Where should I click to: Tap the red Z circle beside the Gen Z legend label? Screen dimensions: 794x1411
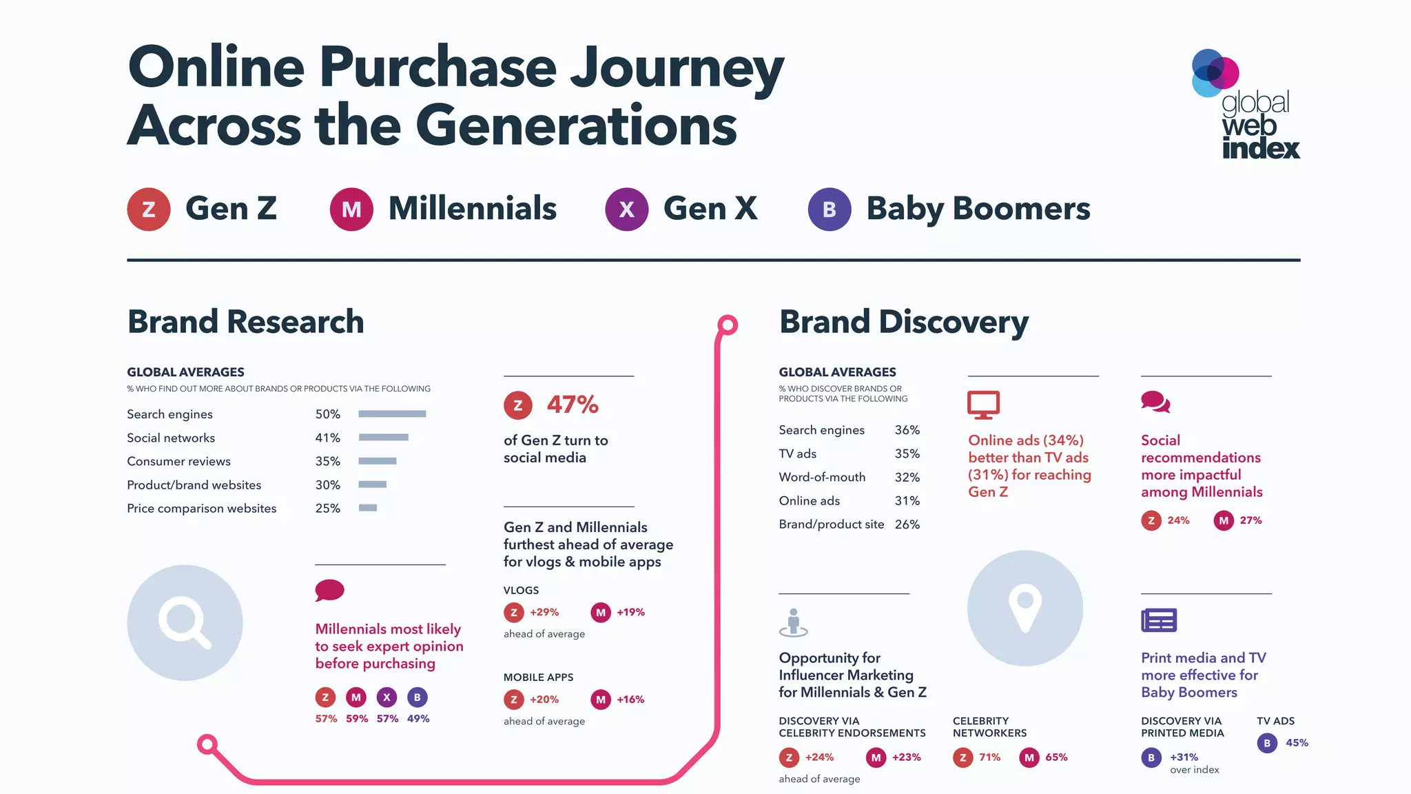[149, 209]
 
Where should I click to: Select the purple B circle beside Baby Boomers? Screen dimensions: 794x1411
[829, 209]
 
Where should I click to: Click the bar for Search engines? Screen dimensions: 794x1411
[392, 414]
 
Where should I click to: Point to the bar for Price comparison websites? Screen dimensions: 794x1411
[368, 508]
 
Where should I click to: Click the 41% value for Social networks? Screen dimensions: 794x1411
[328, 438]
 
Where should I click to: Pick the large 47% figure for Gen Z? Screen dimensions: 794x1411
[573, 405]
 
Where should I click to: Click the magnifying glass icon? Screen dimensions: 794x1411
[185, 622]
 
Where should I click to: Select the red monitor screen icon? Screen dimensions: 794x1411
[983, 405]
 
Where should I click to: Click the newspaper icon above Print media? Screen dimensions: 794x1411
[1159, 620]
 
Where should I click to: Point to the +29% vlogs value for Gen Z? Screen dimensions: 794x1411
[544, 612]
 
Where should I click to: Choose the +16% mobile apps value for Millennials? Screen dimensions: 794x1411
[630, 700]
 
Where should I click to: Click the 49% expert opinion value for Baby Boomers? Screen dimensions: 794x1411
[418, 719]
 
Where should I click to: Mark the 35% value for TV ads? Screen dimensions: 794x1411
[907, 454]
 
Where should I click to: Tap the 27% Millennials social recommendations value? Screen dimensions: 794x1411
[1250, 520]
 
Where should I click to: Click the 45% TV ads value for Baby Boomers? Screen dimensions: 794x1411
[1297, 743]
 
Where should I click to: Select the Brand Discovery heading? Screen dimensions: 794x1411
[903, 322]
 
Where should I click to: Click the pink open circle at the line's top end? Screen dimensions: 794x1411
[728, 325]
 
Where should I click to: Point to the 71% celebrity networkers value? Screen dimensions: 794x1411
[989, 757]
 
